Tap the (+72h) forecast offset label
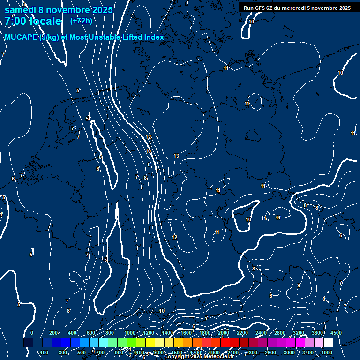pos(81,21)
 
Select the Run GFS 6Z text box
pos(297,8)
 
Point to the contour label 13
pos(176,156)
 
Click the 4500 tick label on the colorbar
pos(336,333)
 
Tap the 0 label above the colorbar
pos(32,333)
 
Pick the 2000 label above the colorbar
pos(224,333)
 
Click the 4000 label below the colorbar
pos(327,352)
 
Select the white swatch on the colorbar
pos(328,343)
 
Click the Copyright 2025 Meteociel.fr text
pos(199,357)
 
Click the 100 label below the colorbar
pos(45,352)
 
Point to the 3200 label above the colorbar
pos(299,333)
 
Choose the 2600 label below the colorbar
pos(270,352)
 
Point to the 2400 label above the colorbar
pos(261,333)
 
